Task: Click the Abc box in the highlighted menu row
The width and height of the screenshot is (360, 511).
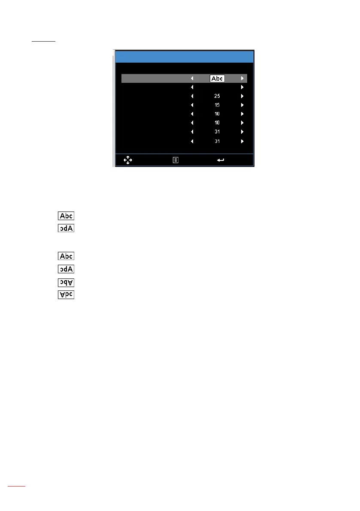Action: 217,79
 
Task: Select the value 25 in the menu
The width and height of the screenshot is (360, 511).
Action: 217,96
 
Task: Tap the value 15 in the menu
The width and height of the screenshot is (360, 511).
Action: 217,105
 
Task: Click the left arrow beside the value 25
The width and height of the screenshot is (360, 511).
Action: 192,96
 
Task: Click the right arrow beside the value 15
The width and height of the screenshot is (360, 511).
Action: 242,105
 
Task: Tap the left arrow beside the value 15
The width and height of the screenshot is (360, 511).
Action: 192,105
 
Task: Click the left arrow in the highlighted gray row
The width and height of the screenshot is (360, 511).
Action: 192,79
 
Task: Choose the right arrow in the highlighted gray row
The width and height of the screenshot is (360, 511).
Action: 242,79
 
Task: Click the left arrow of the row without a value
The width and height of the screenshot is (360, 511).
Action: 192,88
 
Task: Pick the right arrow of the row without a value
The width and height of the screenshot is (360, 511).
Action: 242,88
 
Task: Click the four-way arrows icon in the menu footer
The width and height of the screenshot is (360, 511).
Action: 128,160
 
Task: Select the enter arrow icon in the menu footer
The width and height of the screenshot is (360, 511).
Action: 221,160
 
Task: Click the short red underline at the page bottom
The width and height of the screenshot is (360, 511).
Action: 17,486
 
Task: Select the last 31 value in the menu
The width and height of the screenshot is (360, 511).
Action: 217,141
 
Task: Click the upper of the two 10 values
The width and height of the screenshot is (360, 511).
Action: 217,114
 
